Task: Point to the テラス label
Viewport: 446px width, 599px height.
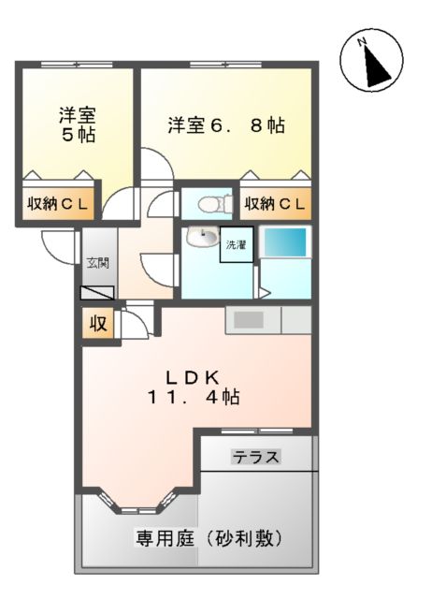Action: click(x=256, y=458)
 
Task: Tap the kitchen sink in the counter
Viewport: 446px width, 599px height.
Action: click(x=249, y=320)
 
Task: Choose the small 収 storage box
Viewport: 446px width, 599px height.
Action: click(x=97, y=324)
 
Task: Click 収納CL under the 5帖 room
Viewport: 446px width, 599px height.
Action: click(x=57, y=204)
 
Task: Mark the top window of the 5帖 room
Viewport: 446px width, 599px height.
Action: click(x=75, y=64)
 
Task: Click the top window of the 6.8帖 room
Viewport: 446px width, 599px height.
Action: click(x=224, y=64)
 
